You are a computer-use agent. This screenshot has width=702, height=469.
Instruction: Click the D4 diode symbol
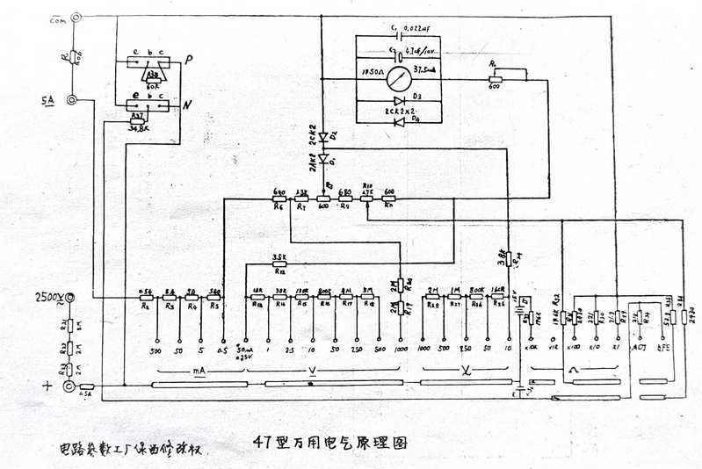401,120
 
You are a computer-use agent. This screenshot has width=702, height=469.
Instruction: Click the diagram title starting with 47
329,442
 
